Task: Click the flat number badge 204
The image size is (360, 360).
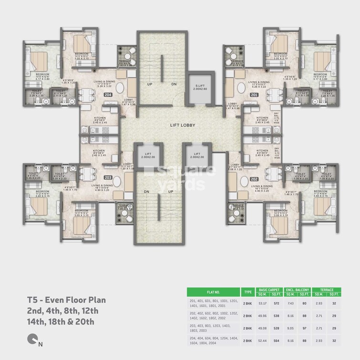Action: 109,94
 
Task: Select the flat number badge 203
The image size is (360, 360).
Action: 109,177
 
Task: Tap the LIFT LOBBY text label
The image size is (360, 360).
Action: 180,125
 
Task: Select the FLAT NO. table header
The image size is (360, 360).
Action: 213,291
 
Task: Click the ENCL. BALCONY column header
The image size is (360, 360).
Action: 298,289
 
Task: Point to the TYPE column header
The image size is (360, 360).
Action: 248,291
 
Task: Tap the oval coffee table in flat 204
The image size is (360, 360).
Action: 120,88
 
